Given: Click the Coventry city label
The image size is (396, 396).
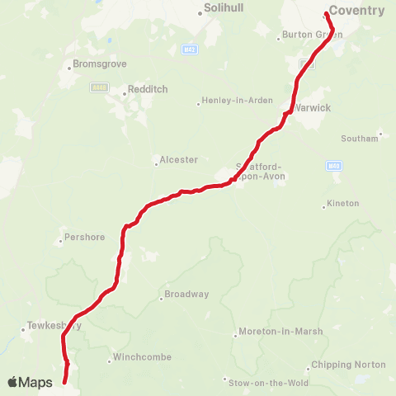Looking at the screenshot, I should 356,11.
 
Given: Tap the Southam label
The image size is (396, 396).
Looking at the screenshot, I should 361,138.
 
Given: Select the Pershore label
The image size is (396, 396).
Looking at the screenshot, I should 86,238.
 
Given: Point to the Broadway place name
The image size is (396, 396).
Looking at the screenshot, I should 187,295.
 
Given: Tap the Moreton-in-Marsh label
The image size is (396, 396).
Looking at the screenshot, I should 280,332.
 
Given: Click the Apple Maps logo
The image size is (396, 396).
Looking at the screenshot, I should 31,382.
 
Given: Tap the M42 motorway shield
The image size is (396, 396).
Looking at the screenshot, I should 188,49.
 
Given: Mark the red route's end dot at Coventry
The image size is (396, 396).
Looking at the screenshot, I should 327,14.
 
